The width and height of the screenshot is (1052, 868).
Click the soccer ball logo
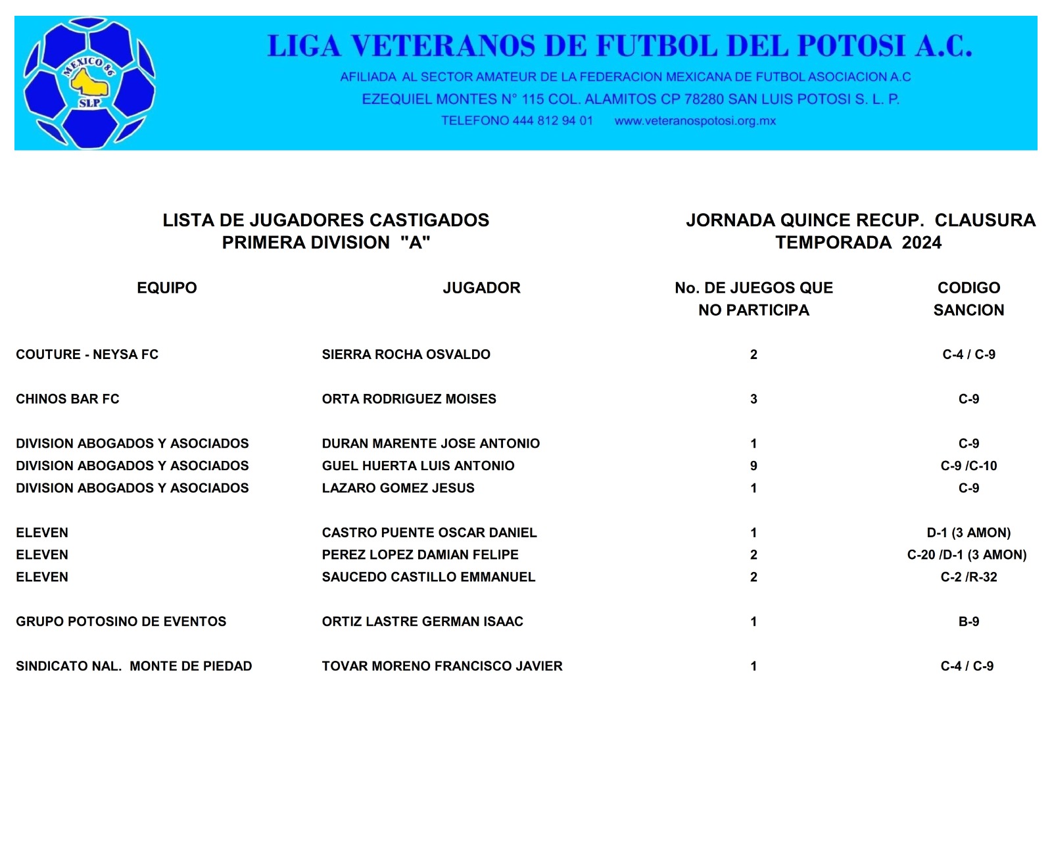pos(89,84)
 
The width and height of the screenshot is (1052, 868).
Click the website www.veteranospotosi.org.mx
pos(695,121)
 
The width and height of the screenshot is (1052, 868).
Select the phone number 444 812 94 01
pos(552,121)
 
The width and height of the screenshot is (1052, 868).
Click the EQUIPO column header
pos(167,288)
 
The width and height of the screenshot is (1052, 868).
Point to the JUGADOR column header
pos(481,288)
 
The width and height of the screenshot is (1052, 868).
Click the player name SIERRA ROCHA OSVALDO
pos(406,354)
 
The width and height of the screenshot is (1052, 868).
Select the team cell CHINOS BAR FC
pos(68,399)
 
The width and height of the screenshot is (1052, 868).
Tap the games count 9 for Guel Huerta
pos(753,466)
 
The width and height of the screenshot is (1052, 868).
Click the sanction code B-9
pos(968,622)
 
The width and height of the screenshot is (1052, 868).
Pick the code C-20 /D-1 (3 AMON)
pos(967,555)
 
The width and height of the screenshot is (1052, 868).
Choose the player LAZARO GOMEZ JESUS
pos(398,489)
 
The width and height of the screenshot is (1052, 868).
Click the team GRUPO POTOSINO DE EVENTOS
pos(121,622)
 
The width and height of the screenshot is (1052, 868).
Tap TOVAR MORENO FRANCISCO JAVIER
pos(442,667)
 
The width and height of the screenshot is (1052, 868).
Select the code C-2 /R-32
pos(968,577)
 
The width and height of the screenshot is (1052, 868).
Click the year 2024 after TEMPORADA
pos(922,243)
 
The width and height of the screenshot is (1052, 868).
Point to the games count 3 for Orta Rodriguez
pos(753,399)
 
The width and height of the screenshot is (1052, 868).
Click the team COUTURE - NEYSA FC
pos(87,354)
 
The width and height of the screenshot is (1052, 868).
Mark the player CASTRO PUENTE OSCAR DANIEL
pos(429,533)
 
